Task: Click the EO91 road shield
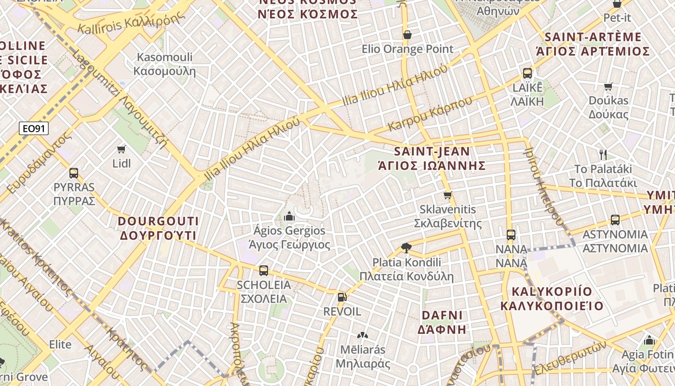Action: (x=34, y=128)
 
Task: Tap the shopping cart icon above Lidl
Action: (x=121, y=150)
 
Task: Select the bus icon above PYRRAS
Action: (x=74, y=173)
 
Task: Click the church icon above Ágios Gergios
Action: (x=289, y=216)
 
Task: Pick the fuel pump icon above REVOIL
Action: (x=342, y=297)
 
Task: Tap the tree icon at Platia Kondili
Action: (x=406, y=248)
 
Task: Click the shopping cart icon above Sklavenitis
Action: (x=448, y=195)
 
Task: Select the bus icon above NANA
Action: (x=511, y=235)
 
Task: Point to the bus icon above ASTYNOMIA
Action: (x=615, y=220)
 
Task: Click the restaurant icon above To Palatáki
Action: (x=603, y=154)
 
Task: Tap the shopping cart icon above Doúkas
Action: (x=608, y=87)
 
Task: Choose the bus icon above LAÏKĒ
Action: (x=527, y=73)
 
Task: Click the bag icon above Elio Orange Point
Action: (x=407, y=35)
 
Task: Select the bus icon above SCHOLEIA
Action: (x=264, y=271)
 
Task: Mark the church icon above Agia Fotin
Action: (x=649, y=340)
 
